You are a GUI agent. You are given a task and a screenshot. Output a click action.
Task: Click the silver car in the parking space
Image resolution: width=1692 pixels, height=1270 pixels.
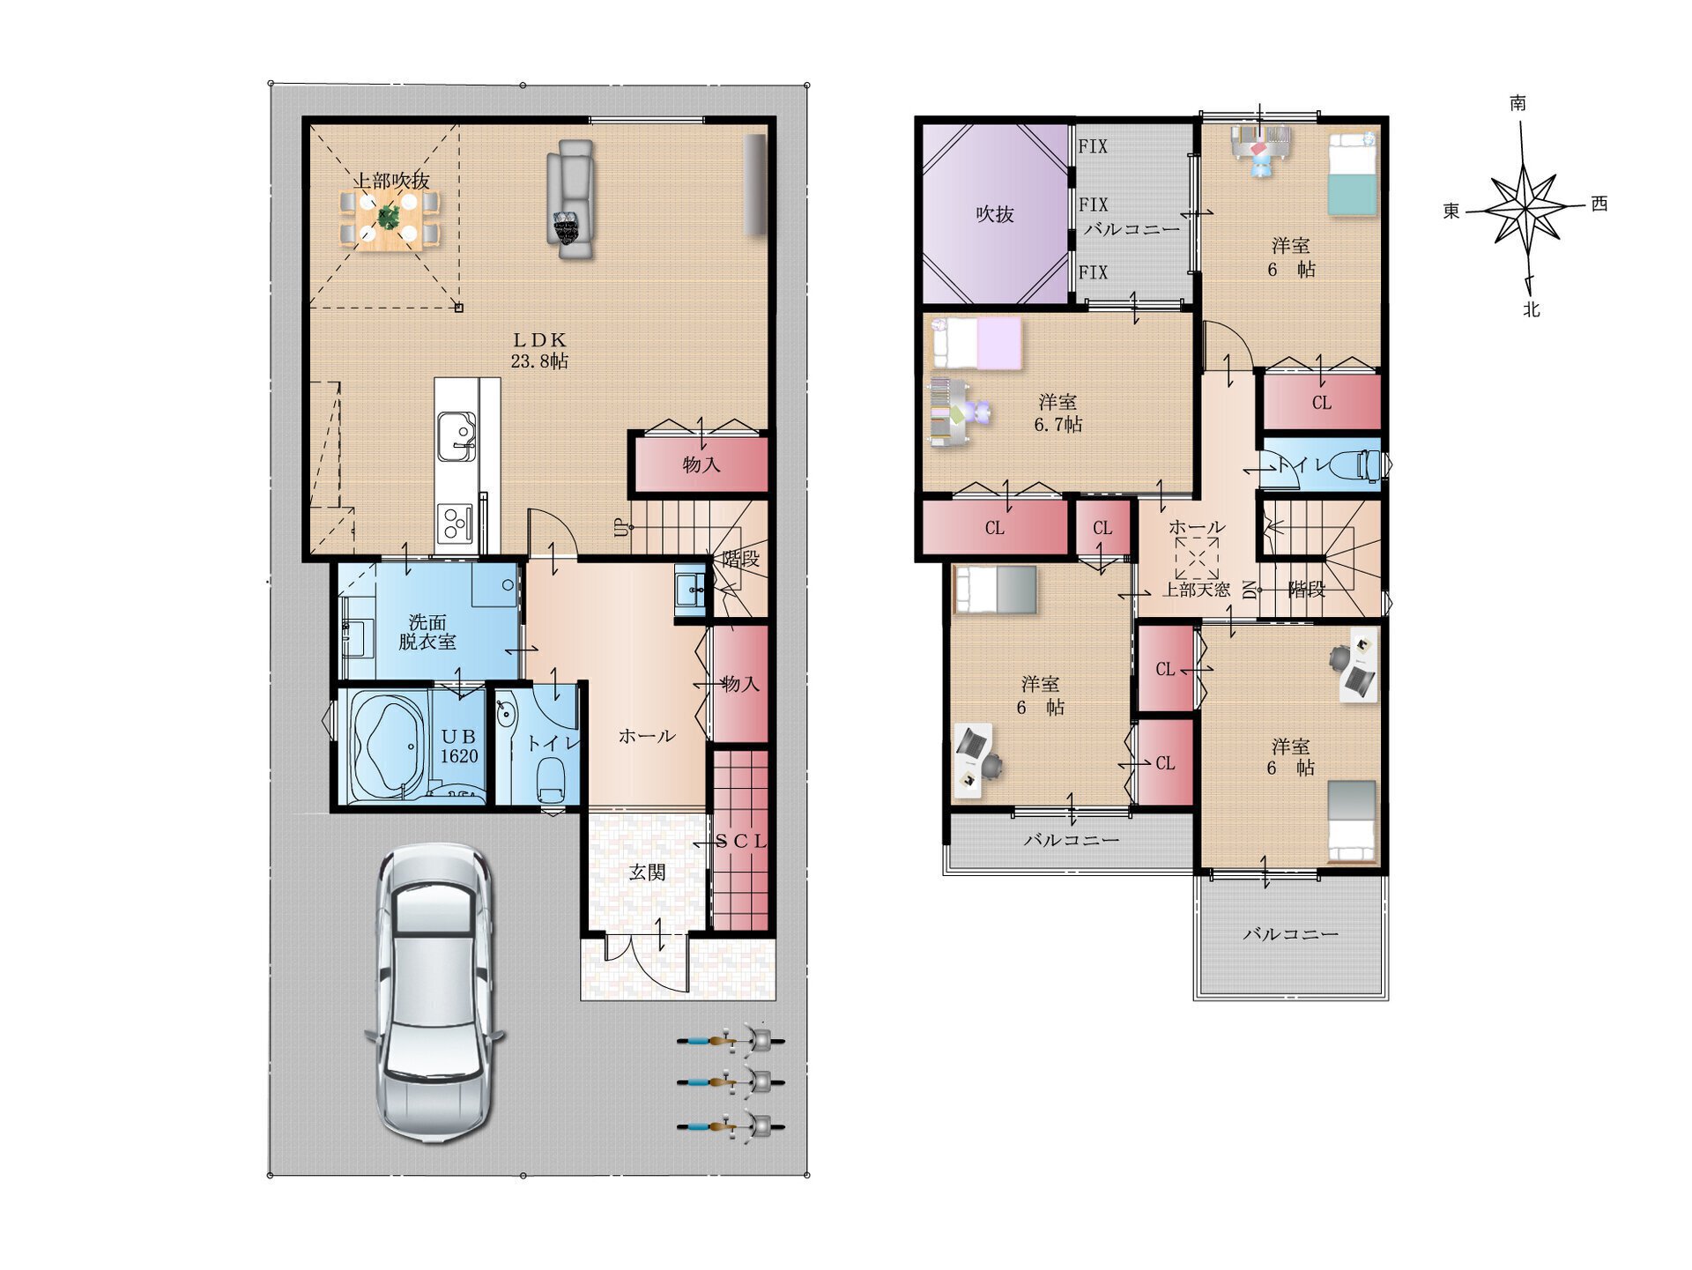pos(434,993)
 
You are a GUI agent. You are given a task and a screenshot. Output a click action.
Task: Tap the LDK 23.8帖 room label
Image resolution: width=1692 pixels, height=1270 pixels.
pos(539,350)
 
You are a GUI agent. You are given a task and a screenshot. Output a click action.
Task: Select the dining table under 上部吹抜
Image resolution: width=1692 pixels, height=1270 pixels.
pos(389,220)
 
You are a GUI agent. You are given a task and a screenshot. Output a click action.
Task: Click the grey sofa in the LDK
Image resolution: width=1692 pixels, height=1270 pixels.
pos(570,198)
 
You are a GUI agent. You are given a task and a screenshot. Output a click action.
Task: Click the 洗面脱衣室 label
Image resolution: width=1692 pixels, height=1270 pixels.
pos(427,632)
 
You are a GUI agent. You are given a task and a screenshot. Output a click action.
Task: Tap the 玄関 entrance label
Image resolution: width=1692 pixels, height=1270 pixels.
pos(647,873)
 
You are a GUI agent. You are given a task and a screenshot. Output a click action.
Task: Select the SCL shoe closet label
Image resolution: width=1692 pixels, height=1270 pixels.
pos(741,842)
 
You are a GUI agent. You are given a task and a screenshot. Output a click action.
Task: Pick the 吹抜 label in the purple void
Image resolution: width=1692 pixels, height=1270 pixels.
pos(995,214)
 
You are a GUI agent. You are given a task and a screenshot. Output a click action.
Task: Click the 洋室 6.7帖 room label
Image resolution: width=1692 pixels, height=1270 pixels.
pos(1058,413)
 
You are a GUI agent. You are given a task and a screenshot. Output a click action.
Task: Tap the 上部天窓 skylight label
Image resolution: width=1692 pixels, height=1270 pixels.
pos(1196,590)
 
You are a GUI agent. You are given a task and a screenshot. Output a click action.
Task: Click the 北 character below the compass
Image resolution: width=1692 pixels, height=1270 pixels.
pos(1532,309)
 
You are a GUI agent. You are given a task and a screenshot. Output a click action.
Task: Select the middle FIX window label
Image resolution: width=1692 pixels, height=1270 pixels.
pos(1094,204)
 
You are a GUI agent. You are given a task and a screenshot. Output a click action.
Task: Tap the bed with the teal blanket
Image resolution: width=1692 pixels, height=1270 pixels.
pos(1352,174)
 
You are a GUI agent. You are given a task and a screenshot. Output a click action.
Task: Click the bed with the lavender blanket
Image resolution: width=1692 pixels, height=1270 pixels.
pos(977,343)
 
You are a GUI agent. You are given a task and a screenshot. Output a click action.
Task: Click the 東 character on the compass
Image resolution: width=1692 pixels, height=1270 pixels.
pos(1451,211)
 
